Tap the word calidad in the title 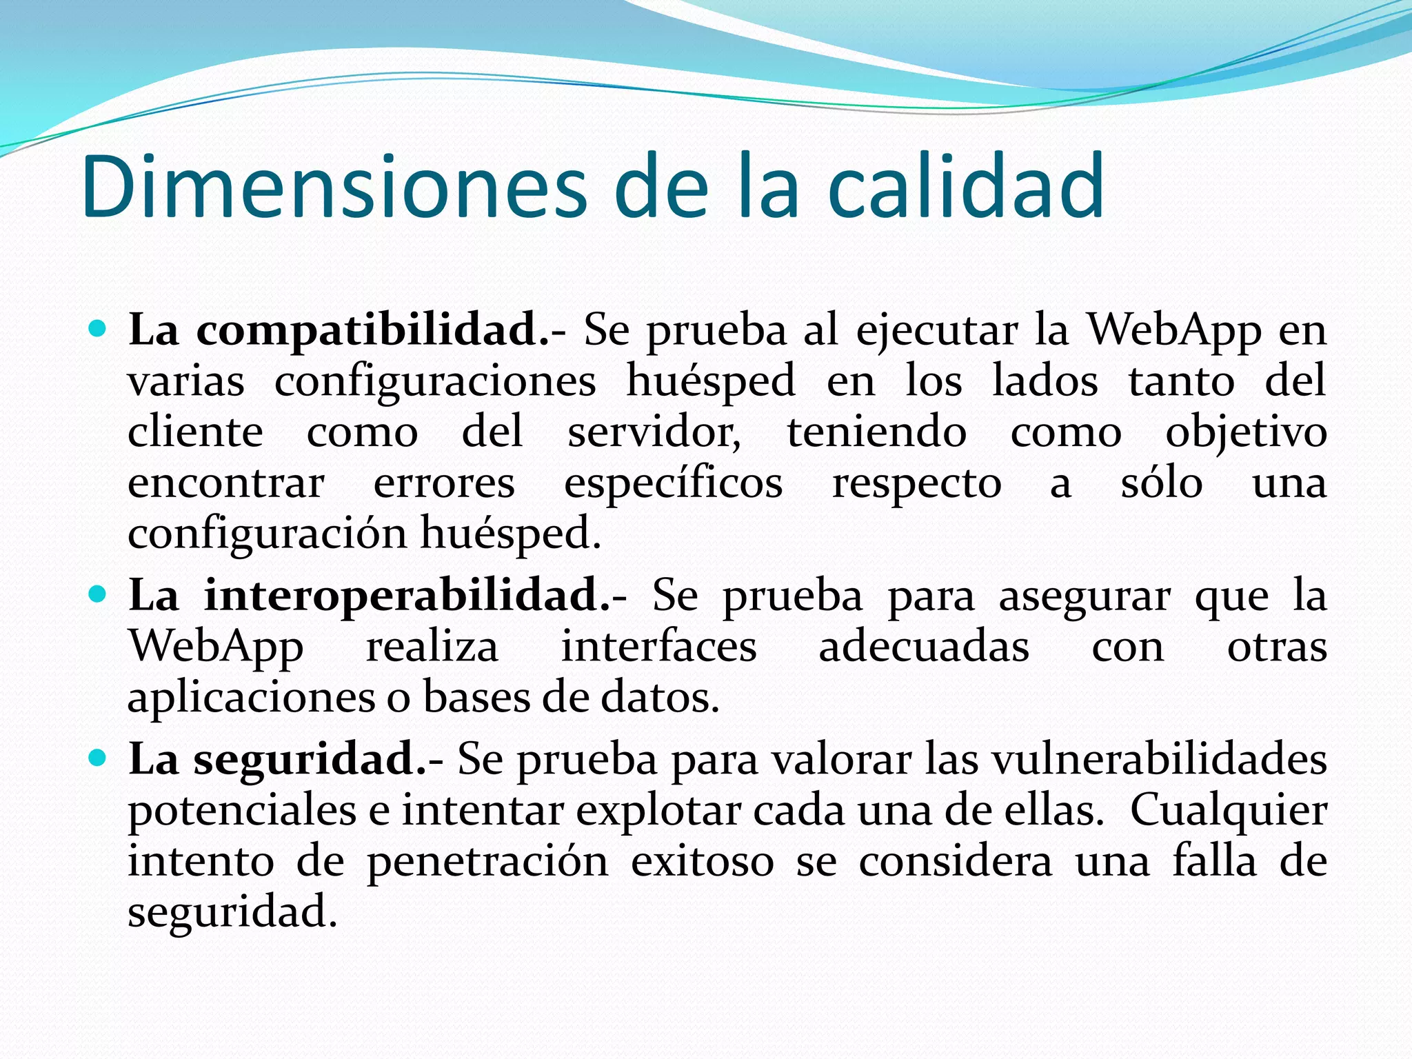point(965,186)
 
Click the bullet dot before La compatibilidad point(98,329)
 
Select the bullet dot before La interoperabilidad point(98,594)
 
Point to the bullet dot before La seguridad point(98,758)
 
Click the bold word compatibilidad point(373,330)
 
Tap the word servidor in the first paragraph point(654,432)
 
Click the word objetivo point(1246,434)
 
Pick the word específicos point(673,484)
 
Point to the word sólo point(1162,483)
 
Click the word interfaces point(658,647)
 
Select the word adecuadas point(924,647)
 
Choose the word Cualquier point(1229,811)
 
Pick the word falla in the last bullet point(1215,861)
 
